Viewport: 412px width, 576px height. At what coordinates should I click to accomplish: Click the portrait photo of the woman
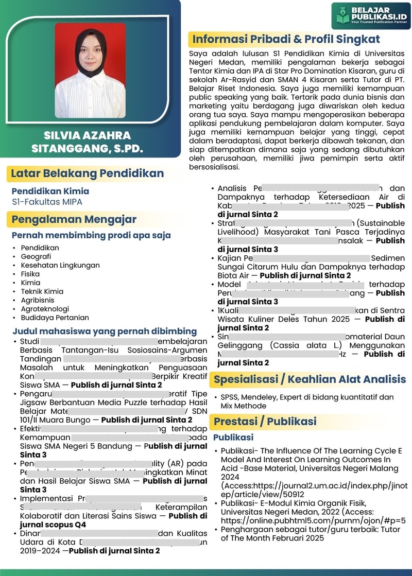click(x=90, y=69)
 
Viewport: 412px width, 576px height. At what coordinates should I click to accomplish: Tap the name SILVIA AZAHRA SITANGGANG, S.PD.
click(x=87, y=143)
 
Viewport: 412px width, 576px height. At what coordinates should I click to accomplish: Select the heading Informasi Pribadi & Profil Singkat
click(x=286, y=39)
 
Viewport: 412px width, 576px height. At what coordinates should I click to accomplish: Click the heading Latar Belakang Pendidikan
click(x=87, y=173)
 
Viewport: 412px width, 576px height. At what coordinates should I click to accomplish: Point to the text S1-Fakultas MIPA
click(x=47, y=202)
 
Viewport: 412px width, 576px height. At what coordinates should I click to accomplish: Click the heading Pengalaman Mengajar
click(x=74, y=219)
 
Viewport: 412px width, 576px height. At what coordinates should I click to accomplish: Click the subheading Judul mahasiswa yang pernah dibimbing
click(x=105, y=331)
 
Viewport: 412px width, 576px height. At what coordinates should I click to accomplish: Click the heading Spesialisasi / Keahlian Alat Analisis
click(x=310, y=380)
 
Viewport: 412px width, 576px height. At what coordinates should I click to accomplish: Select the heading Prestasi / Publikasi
click(x=265, y=422)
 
